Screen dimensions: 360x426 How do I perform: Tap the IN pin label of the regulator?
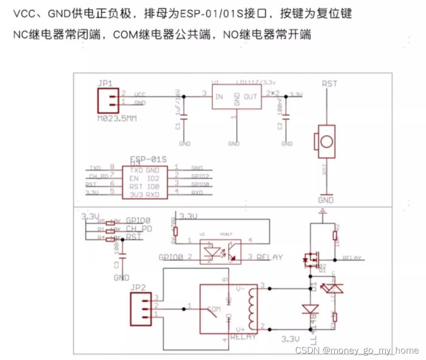[219, 97]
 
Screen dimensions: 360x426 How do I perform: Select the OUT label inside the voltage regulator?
[250, 97]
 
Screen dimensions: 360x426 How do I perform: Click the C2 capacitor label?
[279, 126]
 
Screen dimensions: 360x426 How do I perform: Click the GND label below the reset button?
[326, 200]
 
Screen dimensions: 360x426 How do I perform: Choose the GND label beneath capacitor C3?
[122, 278]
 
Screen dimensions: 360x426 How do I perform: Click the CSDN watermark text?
[356, 350]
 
